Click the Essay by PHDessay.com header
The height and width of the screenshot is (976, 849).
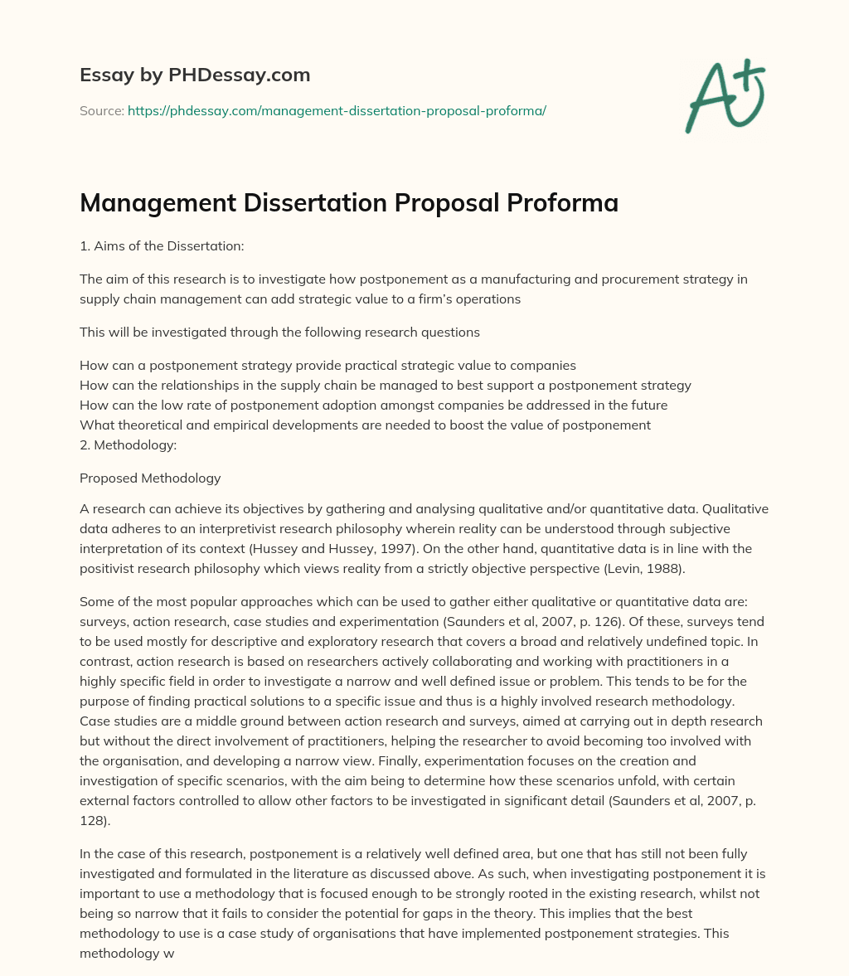click(195, 75)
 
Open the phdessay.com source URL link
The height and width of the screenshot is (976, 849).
click(337, 110)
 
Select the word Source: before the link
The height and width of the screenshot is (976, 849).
click(101, 110)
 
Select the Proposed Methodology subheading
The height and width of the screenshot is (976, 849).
click(150, 478)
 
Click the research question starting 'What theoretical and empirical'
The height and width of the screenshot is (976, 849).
click(365, 425)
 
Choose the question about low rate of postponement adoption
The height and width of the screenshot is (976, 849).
click(373, 405)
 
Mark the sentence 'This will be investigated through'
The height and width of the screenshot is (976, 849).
click(279, 333)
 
